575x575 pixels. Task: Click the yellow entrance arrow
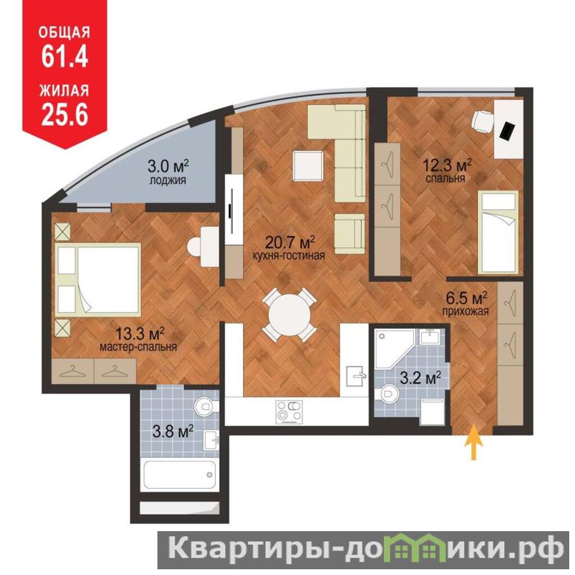pos(474,441)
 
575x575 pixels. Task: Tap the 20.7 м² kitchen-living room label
pos(290,248)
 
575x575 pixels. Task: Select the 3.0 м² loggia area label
pos(168,172)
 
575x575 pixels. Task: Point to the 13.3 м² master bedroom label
pos(139,339)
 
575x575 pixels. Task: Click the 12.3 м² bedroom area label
pos(446,171)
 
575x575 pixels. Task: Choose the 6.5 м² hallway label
pos(466,304)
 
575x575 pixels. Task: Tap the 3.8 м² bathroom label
pos(172,431)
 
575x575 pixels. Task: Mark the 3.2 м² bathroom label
pos(420,378)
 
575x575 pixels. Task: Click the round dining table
pos(290,316)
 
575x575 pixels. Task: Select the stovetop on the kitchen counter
pos(290,412)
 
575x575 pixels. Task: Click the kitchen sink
pos(356,376)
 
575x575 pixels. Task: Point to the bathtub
pos(180,474)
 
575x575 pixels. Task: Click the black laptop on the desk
pos(508,131)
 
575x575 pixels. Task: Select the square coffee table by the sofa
pos(308,166)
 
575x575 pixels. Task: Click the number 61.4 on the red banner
pos(65,57)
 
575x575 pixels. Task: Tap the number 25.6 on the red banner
pos(65,114)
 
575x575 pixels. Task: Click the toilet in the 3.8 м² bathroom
pos(206,406)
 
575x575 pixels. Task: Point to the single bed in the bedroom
pos(498,233)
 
